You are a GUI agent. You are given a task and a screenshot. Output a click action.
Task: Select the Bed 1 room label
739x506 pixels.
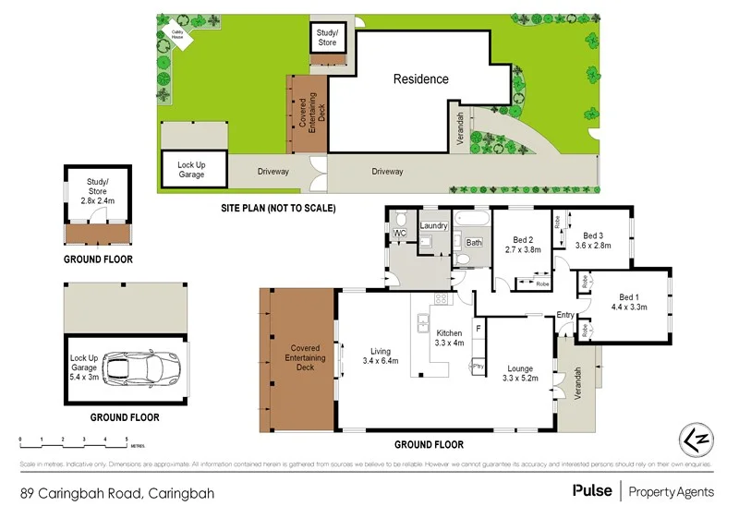629,297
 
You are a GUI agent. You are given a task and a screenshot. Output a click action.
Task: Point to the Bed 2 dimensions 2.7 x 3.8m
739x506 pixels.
523,249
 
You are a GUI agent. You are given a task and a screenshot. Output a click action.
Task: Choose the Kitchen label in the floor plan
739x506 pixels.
449,332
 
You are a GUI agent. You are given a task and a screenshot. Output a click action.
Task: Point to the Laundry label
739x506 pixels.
434,226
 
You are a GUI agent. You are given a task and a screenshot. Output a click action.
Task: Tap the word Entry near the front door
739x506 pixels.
565,316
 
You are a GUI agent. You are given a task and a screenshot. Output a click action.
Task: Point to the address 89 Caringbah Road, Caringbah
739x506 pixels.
117,493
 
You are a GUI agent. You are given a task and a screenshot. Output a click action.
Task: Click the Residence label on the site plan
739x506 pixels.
420,79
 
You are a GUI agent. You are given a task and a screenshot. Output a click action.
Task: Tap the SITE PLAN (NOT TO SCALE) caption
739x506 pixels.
277,209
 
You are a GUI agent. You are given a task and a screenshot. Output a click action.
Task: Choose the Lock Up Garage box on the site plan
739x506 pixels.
191,170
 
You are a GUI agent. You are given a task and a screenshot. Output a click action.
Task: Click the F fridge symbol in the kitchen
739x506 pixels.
478,328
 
